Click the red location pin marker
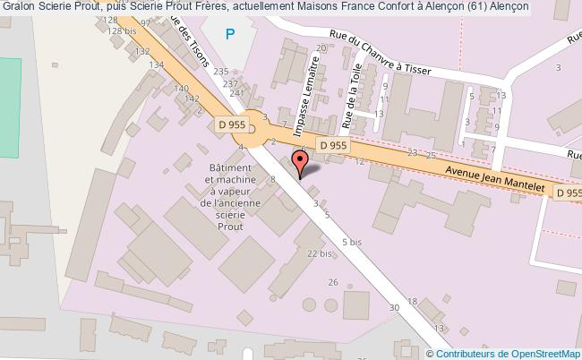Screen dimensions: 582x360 [301, 161]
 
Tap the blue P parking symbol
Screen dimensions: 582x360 [231, 35]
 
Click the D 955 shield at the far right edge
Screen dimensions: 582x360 [568, 193]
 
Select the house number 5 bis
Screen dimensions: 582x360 [351, 242]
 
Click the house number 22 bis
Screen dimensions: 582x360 [319, 254]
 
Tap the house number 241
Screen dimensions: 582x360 [236, 92]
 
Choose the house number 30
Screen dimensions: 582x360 [393, 308]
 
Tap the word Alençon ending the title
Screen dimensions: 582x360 [506, 7]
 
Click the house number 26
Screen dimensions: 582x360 [333, 283]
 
